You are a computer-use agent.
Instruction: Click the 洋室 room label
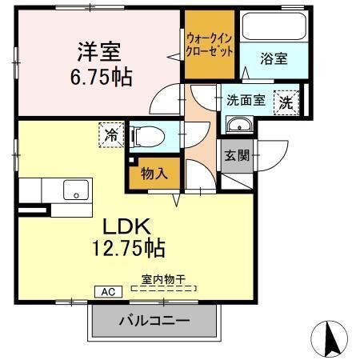click(x=98, y=52)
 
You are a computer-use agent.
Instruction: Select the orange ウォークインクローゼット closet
click(x=210, y=44)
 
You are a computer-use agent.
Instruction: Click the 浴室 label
click(x=274, y=58)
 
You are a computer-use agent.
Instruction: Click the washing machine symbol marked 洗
click(x=284, y=102)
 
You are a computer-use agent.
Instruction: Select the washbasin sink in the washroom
click(x=239, y=126)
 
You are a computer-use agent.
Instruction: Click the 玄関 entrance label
click(x=237, y=154)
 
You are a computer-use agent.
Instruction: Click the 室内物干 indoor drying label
click(x=164, y=279)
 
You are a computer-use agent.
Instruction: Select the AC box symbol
click(x=108, y=292)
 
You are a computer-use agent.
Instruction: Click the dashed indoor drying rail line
click(x=164, y=288)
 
